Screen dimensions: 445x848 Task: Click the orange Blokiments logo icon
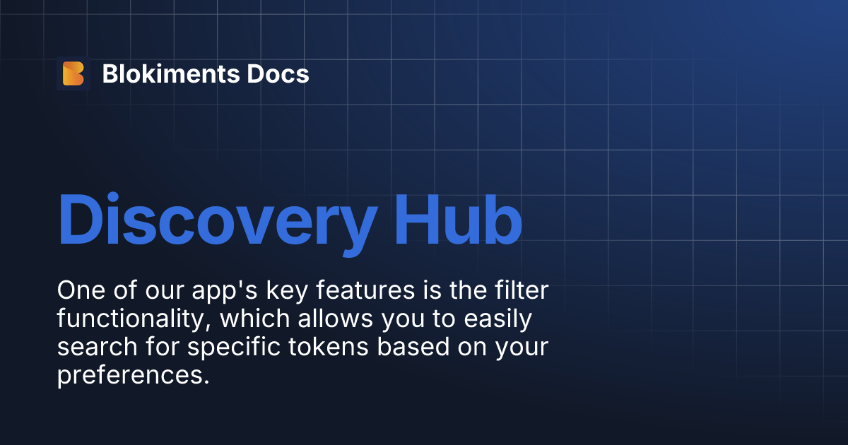[x=73, y=73]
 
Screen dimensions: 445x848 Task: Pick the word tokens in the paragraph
[x=318, y=348]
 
